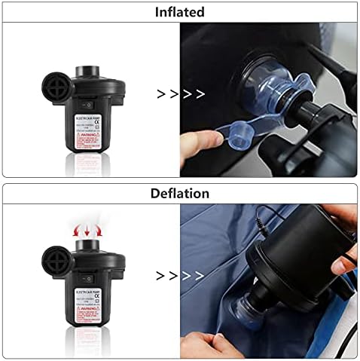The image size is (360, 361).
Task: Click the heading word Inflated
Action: tap(180, 11)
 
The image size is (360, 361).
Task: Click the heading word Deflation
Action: tap(180, 194)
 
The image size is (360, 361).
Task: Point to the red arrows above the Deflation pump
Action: tap(88, 228)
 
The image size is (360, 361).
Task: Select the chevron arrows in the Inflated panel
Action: tap(181, 94)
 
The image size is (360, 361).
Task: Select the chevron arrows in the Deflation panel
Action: tap(181, 275)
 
